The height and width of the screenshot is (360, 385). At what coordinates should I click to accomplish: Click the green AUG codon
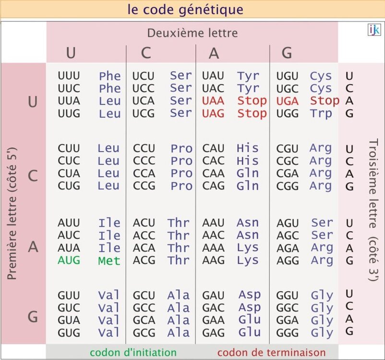(x=69, y=260)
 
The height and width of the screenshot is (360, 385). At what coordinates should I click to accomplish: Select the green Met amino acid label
(x=109, y=261)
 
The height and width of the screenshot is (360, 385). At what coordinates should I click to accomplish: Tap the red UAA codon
(x=213, y=101)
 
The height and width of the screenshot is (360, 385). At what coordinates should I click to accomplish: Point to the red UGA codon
(x=287, y=101)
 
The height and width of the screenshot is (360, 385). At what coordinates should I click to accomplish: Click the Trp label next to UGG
(x=321, y=113)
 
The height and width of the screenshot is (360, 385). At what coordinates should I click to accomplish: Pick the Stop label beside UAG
(x=252, y=113)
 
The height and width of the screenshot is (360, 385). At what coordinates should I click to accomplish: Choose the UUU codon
(x=69, y=76)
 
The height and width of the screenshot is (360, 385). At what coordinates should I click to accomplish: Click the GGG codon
(x=288, y=332)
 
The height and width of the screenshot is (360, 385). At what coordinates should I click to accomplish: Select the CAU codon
(x=213, y=148)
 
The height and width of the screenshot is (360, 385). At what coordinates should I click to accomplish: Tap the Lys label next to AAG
(x=248, y=260)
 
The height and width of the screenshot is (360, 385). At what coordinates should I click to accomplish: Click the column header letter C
(x=146, y=53)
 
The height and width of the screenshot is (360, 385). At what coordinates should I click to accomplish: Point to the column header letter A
(x=214, y=53)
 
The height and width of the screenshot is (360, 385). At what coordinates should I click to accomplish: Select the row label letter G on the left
(x=33, y=317)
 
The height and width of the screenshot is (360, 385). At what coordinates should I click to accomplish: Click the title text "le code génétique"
(x=185, y=9)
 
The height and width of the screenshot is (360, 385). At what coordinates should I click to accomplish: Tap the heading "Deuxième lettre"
(x=192, y=33)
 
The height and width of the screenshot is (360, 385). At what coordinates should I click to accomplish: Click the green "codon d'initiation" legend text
(x=133, y=352)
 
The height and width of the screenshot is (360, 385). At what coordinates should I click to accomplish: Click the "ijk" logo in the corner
(x=374, y=30)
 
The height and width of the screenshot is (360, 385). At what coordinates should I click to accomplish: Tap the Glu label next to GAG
(x=250, y=332)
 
